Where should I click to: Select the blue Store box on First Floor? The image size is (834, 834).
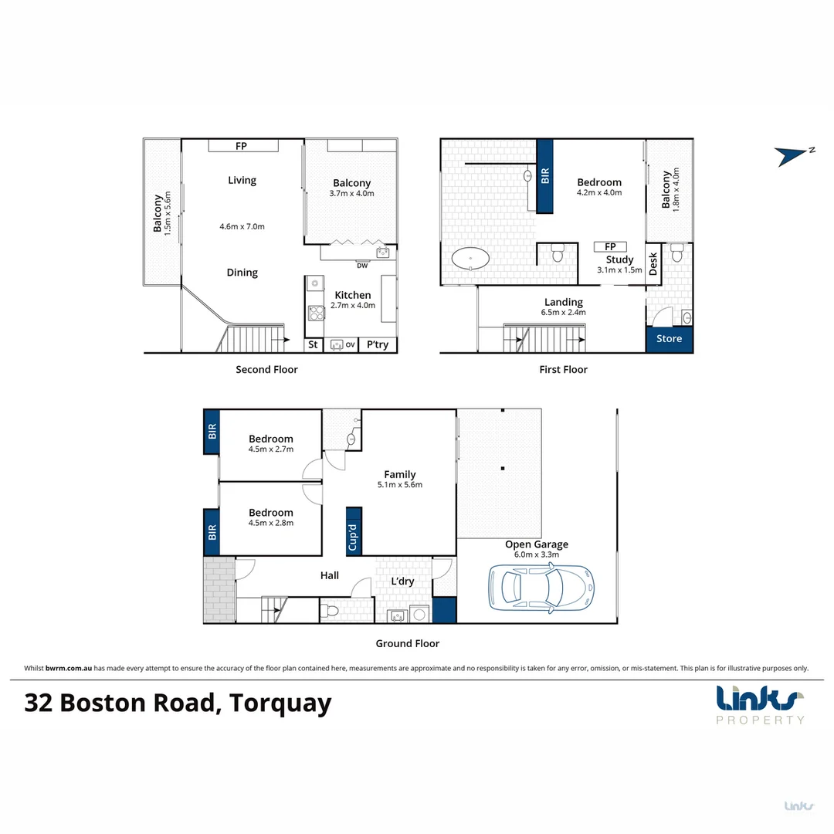(x=669, y=339)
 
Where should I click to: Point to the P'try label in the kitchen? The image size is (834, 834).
(x=377, y=344)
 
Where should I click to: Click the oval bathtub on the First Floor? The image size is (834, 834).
(x=471, y=258)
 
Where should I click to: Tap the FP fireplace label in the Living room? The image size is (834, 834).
(x=242, y=145)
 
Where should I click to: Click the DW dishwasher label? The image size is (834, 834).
(x=361, y=266)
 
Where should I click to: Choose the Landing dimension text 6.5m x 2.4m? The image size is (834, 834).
(x=563, y=313)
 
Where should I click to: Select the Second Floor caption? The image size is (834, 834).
(x=266, y=370)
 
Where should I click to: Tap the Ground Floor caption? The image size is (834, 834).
(x=407, y=643)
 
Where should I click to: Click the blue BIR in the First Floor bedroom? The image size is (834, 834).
(x=545, y=176)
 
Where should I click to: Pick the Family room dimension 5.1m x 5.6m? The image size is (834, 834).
(x=400, y=485)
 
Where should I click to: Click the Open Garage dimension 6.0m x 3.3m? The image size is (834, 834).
(x=536, y=554)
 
